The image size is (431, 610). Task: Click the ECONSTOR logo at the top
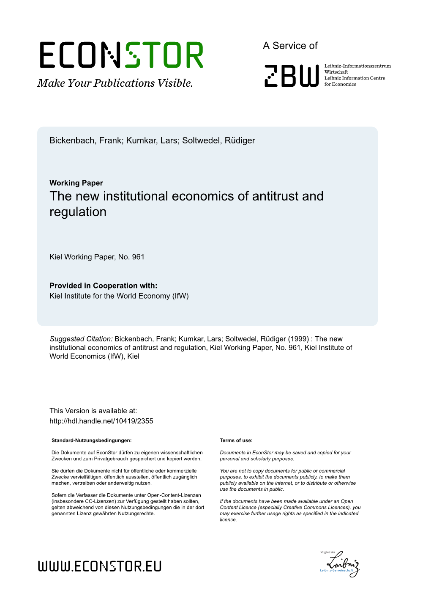(121, 55)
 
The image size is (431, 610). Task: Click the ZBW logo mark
(291, 76)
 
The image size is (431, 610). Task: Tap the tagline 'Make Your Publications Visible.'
(115, 83)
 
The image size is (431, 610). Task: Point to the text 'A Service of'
(290, 46)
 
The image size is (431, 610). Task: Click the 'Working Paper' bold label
(76, 183)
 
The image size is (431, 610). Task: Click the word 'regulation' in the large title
(78, 212)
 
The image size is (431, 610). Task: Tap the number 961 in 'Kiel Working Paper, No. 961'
(138, 257)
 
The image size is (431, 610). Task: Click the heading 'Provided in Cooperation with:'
(103, 286)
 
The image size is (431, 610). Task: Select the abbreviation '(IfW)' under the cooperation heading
(180, 296)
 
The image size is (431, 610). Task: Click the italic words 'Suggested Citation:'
(81, 339)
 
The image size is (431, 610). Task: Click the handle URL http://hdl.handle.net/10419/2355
(101, 421)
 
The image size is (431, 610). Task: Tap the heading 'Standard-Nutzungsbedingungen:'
(91, 440)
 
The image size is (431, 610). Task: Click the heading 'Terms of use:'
(236, 440)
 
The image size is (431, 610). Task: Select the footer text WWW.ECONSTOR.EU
(100, 566)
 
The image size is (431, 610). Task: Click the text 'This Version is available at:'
(93, 411)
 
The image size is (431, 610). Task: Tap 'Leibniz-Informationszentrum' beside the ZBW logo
(357, 66)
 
